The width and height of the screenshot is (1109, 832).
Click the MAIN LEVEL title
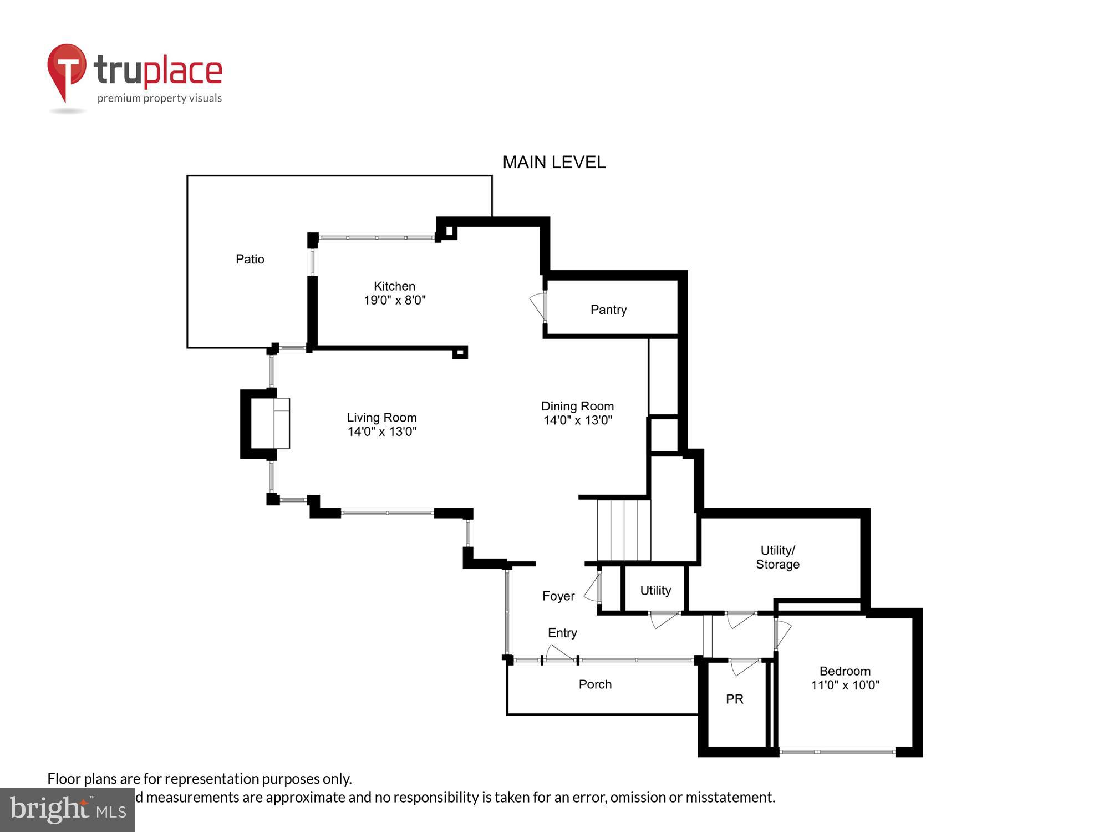(x=553, y=162)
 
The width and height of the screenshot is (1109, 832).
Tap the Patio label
(x=250, y=259)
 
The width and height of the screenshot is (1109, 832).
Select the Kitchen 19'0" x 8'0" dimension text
(x=394, y=300)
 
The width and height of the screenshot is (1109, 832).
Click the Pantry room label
(x=608, y=310)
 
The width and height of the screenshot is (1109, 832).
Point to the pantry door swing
(x=538, y=306)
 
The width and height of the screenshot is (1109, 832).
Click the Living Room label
(x=381, y=418)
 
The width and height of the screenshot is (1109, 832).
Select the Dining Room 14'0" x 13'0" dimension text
(x=577, y=420)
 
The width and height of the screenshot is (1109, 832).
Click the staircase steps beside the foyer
(x=623, y=530)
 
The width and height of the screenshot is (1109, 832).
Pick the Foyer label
(x=558, y=596)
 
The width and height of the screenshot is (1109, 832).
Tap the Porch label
(x=595, y=684)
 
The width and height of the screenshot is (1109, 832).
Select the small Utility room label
(x=655, y=590)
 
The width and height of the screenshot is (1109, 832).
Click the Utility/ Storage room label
(x=777, y=557)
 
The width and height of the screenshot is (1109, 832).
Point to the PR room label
(x=734, y=699)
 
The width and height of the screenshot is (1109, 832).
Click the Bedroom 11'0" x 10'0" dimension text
(x=845, y=685)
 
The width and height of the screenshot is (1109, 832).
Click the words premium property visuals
(x=160, y=98)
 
